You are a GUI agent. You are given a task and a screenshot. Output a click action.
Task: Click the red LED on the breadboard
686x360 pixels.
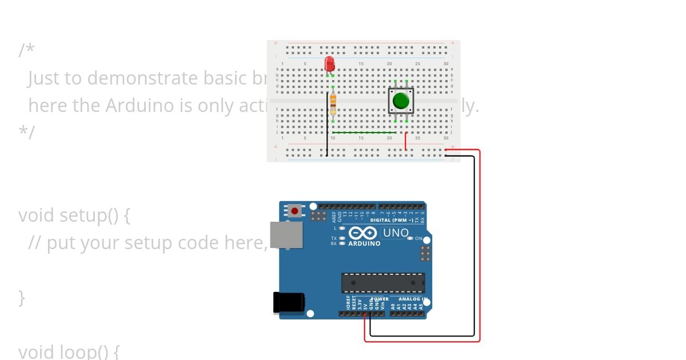pyautogui.click(x=329, y=63)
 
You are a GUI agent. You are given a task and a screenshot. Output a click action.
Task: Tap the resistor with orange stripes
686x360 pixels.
pyautogui.click(x=333, y=104)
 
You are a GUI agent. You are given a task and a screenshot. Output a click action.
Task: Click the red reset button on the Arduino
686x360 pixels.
pyautogui.click(x=294, y=211)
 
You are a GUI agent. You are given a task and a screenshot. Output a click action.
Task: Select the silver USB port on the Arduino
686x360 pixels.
pyautogui.click(x=286, y=235)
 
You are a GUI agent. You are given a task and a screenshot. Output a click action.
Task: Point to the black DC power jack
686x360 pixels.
pyautogui.click(x=288, y=302)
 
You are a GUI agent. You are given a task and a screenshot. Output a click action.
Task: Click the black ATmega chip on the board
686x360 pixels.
pyautogui.click(x=383, y=282)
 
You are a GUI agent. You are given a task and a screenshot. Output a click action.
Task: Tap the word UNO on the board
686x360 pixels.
pyautogui.click(x=396, y=233)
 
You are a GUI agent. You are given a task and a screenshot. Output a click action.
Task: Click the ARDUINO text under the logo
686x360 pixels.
pyautogui.click(x=364, y=243)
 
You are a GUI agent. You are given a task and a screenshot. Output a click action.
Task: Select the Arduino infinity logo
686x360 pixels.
pyautogui.click(x=362, y=233)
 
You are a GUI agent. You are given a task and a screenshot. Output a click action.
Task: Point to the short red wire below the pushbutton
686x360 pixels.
pyautogui.click(x=406, y=141)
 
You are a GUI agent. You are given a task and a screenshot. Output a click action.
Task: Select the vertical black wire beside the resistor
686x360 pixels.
pyautogui.click(x=327, y=123)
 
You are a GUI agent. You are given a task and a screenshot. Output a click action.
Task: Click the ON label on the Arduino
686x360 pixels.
pyautogui.click(x=418, y=238)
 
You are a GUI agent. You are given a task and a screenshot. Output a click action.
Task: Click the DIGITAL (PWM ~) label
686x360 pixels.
pyautogui.click(x=392, y=220)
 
